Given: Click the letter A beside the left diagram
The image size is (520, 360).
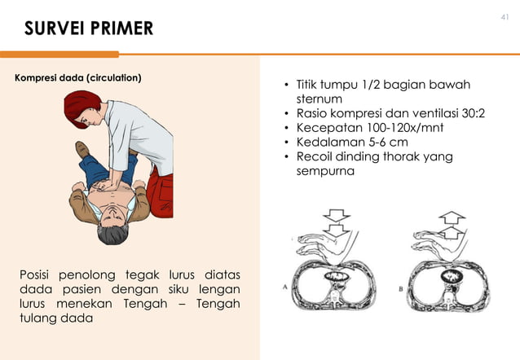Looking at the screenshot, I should click(284, 286).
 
